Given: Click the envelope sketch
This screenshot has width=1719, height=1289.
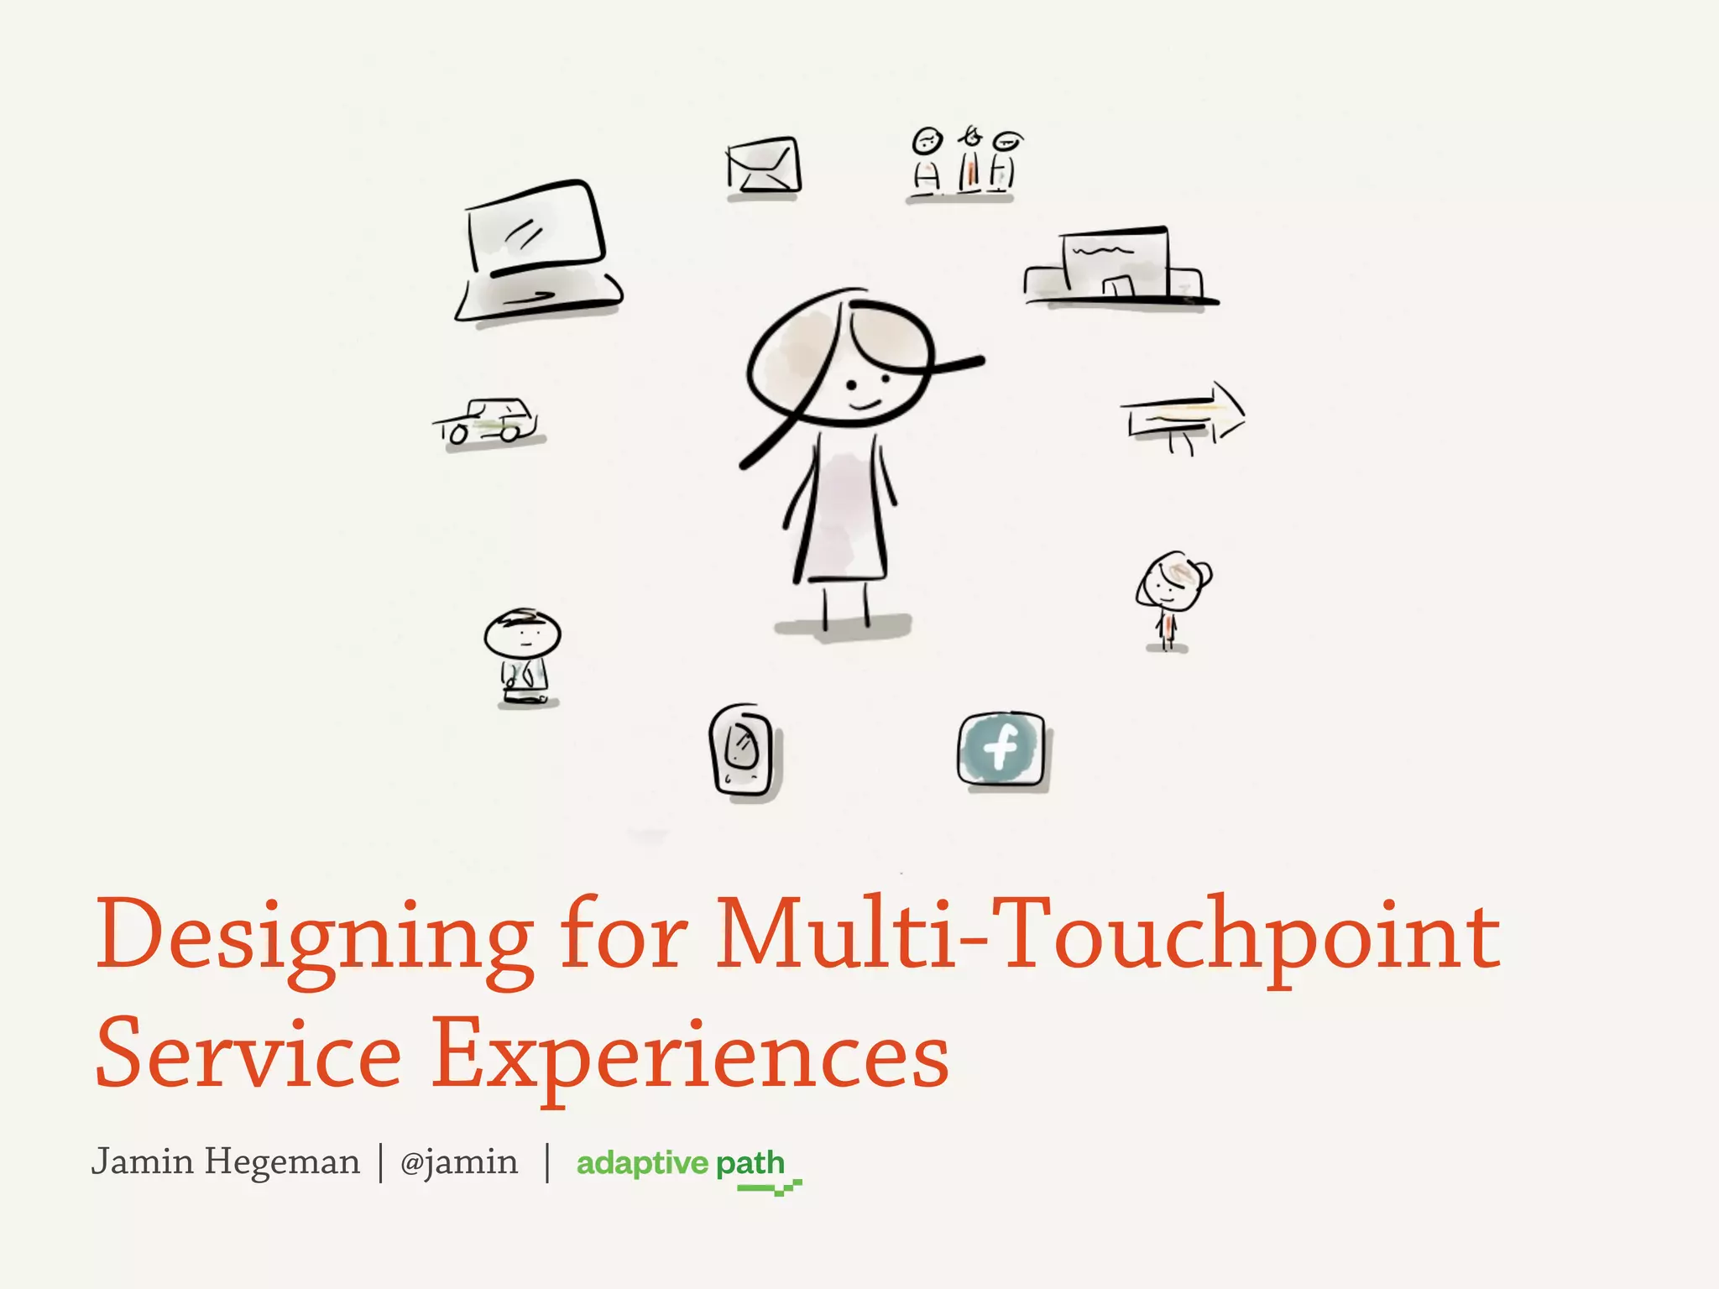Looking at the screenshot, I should click(763, 166).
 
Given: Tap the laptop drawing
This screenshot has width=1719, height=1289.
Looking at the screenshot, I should click(537, 252).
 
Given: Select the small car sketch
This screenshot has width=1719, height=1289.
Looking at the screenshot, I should click(489, 422).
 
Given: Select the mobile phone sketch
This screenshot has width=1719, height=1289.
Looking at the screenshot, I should click(743, 749).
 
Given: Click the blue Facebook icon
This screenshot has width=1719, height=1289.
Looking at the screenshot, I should click(1001, 748).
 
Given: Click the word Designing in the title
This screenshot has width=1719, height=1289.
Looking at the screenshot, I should click(315, 936).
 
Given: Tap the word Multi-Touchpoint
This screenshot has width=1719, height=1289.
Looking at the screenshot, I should click(1108, 936).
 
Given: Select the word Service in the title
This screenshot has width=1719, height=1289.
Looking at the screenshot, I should click(248, 1053).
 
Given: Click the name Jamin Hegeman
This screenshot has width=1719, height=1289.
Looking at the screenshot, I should click(225, 1162).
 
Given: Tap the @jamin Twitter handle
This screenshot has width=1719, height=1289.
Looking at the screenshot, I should click(459, 1162).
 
